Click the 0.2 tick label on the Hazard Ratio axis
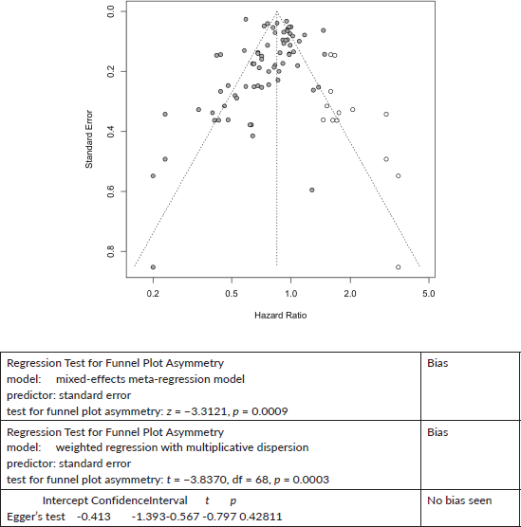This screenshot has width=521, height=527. [x=153, y=294]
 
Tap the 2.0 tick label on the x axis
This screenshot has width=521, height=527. [x=350, y=294]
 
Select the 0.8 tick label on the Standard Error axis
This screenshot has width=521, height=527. [x=111, y=251]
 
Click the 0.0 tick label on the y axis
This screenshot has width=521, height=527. [x=111, y=11]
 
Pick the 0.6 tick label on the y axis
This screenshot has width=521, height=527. [x=111, y=191]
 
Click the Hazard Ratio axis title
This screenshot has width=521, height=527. [x=280, y=316]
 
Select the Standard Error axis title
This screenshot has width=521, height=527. [x=89, y=139]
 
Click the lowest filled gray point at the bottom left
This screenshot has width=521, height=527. [x=153, y=267]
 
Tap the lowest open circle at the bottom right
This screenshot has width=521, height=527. [x=399, y=267]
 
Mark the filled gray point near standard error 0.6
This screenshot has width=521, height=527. [x=312, y=190]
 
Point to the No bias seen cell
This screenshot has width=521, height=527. [x=459, y=500]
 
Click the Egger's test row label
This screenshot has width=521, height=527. [x=36, y=517]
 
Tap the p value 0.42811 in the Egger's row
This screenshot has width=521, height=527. [x=260, y=517]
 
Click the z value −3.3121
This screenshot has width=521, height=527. [x=205, y=411]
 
